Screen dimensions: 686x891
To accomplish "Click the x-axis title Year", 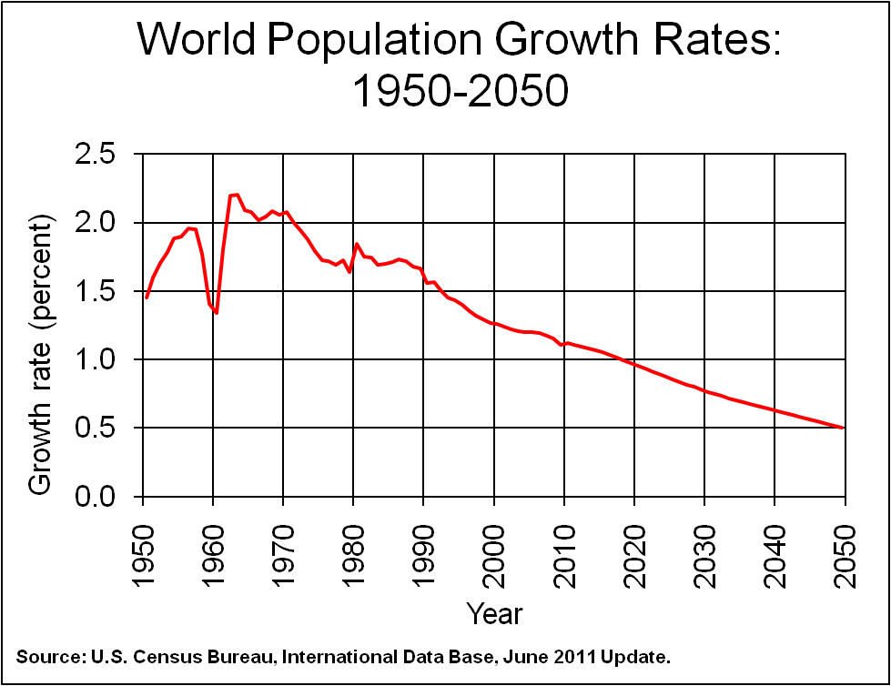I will pos(494,613).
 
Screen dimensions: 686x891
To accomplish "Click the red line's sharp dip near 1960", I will pos(217,313).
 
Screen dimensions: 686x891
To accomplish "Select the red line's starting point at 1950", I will pos(147,297).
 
